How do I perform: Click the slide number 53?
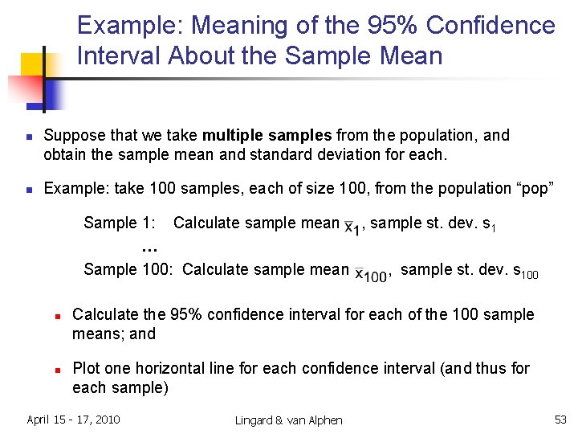560,419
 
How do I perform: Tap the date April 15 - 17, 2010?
73,419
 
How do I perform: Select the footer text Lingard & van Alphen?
288,420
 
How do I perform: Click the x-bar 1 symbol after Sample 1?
352,229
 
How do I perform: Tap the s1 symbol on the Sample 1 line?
488,225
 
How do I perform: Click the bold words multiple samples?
267,135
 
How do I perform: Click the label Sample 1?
121,223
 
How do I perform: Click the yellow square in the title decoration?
32,63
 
